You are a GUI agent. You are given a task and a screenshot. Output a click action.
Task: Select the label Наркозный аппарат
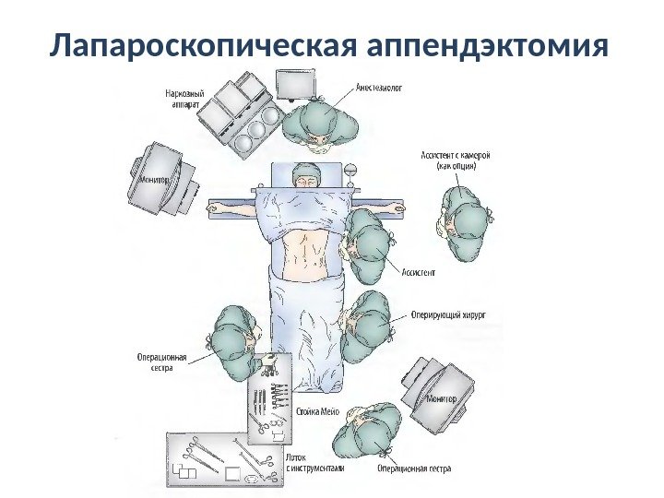click(184, 99)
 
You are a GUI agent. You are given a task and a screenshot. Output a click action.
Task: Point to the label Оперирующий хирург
click(445, 314)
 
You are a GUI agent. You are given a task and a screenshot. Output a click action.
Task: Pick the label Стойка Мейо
click(319, 411)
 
